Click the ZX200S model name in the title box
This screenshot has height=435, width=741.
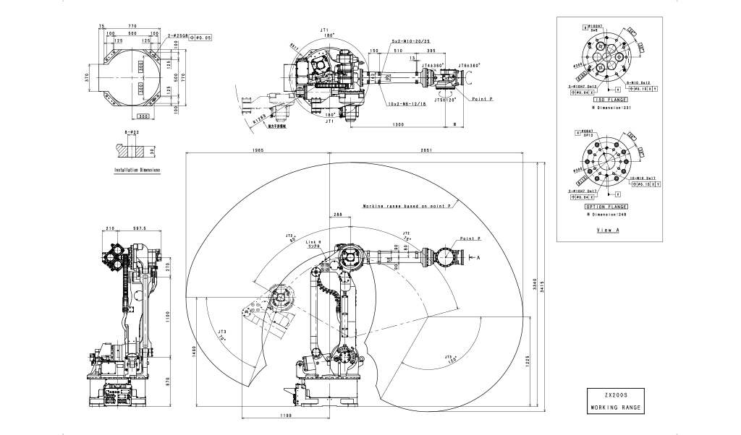click(x=614, y=396)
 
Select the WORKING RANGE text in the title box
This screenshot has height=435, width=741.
click(x=614, y=408)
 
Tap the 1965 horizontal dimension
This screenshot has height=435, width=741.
click(x=258, y=150)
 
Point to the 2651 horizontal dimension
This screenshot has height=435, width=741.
click(x=425, y=150)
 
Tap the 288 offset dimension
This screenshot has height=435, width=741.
click(x=337, y=215)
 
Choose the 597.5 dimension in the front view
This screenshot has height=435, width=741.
click(x=137, y=228)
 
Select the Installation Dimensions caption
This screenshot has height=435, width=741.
click(x=137, y=171)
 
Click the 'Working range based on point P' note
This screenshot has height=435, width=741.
click(x=407, y=207)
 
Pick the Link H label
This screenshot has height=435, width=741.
click(x=313, y=241)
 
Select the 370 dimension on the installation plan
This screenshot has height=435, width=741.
click(x=85, y=75)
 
